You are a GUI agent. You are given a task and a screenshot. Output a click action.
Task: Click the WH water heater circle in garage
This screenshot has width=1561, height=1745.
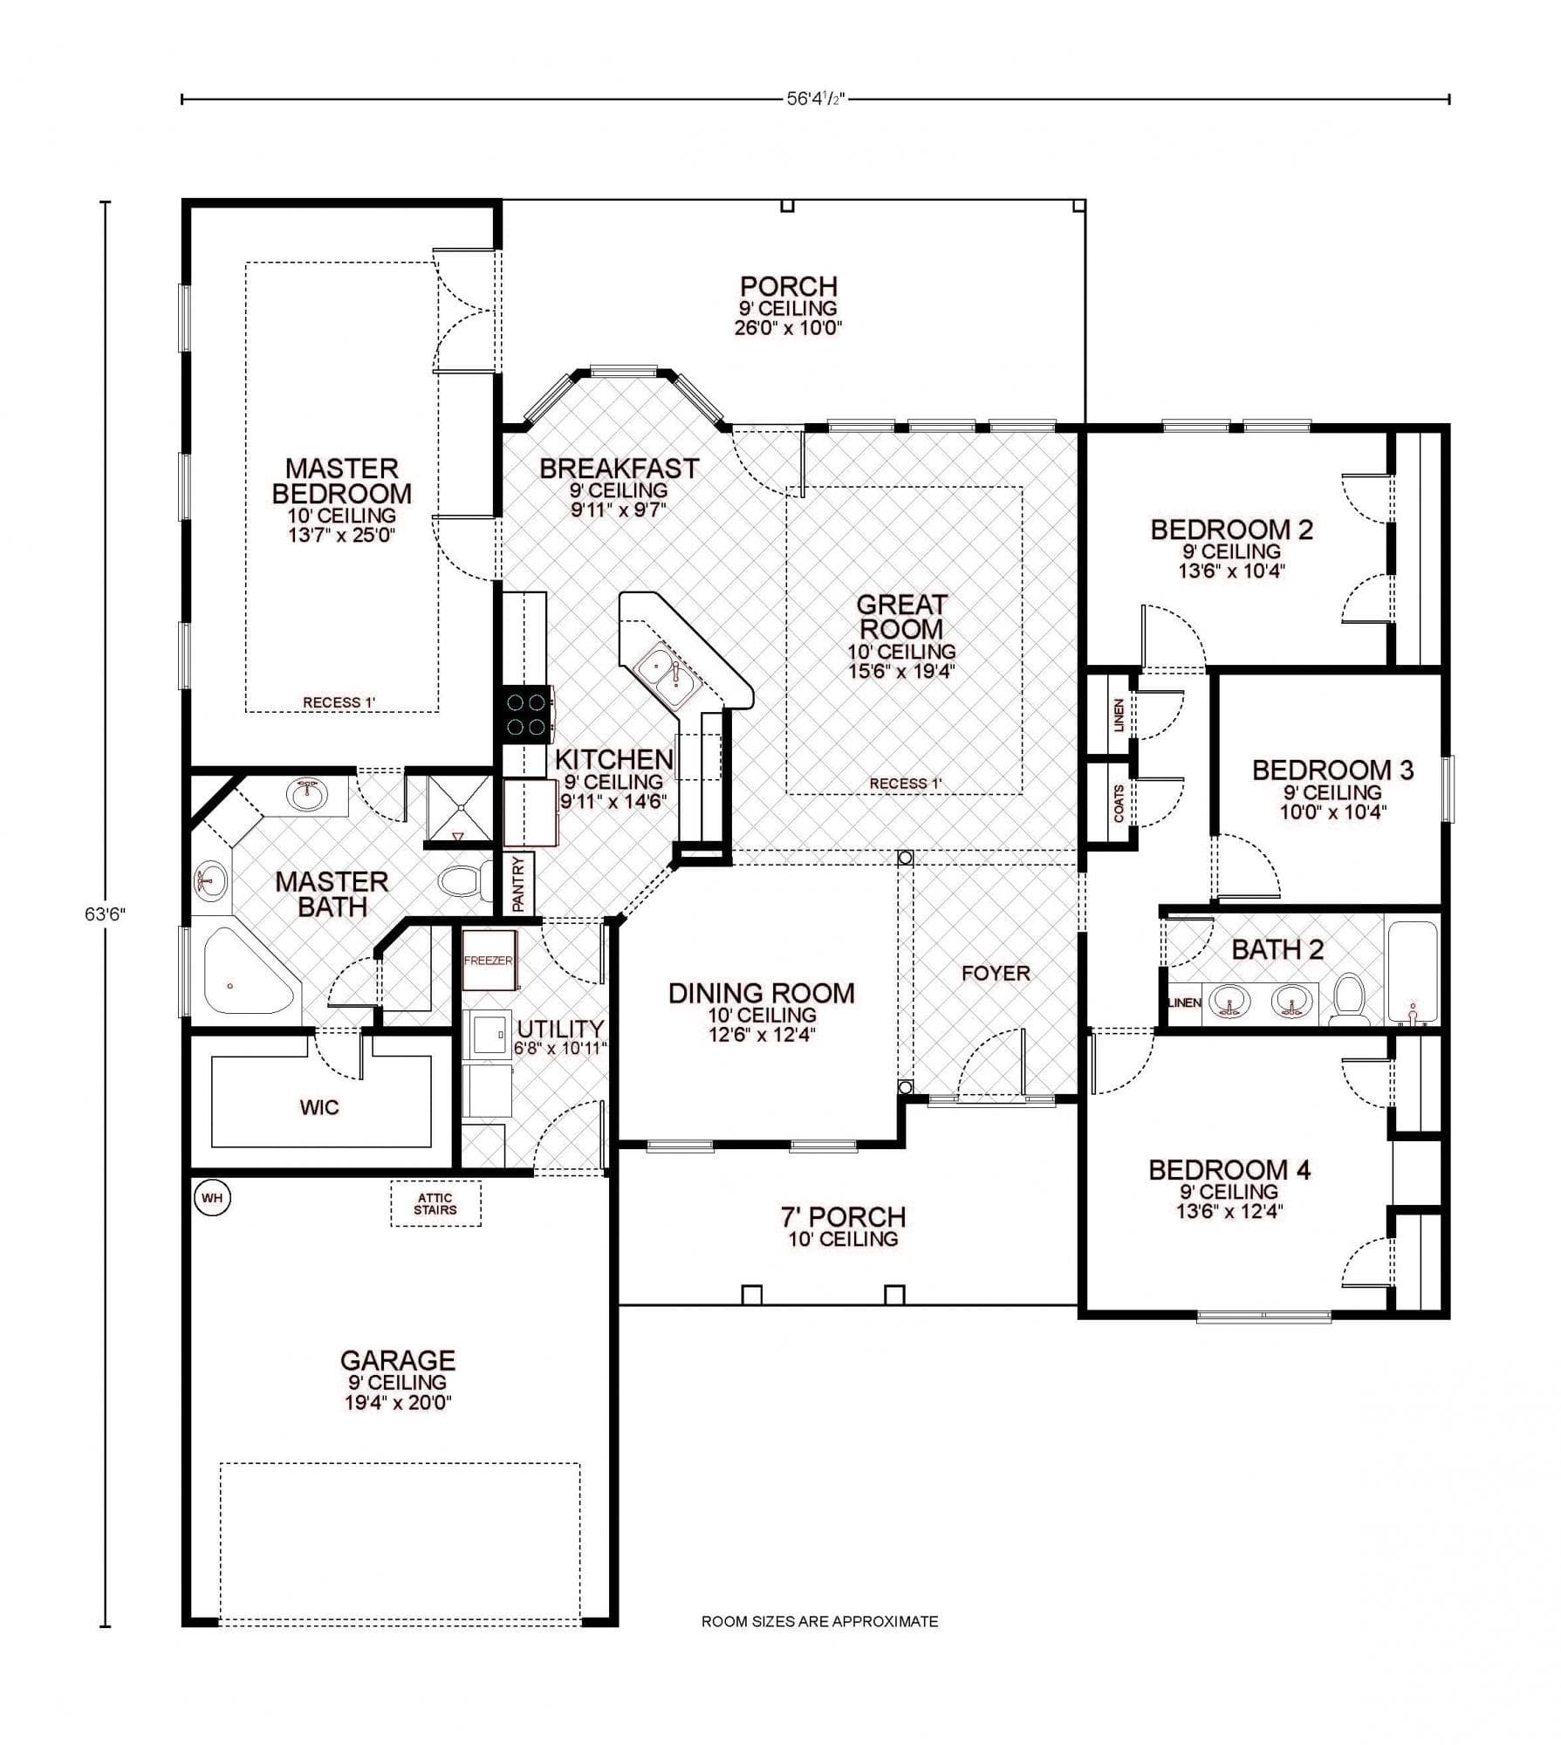click(212, 1198)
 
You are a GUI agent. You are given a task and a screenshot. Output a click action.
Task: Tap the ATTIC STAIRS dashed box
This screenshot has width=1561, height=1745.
click(435, 1204)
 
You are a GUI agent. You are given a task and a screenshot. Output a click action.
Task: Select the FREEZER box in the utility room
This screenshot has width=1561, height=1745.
click(489, 960)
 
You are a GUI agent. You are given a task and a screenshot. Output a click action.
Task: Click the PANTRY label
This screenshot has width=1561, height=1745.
click(518, 885)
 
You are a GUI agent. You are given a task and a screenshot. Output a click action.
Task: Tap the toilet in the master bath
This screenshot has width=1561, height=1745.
click(462, 880)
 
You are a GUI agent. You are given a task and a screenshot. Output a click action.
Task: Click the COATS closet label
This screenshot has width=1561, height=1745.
click(1119, 804)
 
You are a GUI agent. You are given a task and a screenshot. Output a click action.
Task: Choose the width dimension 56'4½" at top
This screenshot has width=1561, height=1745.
click(816, 99)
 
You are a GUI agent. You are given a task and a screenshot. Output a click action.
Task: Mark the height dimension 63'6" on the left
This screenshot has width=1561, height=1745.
click(106, 914)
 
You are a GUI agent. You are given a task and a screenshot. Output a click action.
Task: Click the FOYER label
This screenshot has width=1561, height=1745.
click(996, 973)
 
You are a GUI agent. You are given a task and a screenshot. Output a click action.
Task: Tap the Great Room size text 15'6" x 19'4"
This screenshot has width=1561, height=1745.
click(901, 671)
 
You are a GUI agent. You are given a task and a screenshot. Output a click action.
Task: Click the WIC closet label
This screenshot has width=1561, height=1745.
click(319, 1107)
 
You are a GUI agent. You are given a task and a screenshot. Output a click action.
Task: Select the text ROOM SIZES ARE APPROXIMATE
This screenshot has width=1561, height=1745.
click(819, 1621)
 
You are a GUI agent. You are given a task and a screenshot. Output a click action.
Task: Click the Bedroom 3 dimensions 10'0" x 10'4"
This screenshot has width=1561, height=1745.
click(1332, 811)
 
